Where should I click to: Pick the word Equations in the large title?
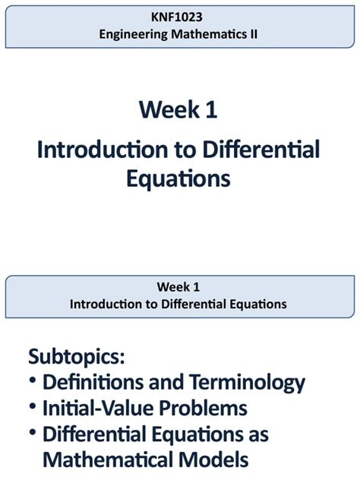click(179, 178)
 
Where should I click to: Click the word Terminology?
click(242, 382)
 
